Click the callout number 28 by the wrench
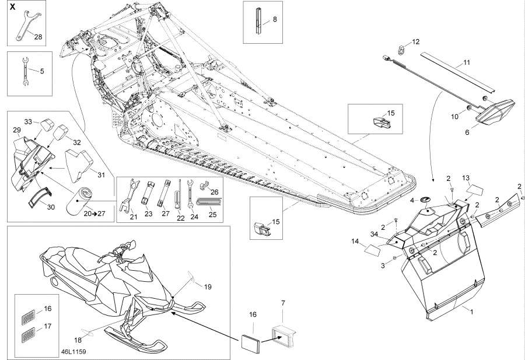[38, 37]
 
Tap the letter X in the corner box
[12, 6]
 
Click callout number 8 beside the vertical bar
[275, 19]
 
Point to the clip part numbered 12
[402, 49]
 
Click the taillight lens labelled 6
[495, 111]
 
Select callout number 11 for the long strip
[467, 62]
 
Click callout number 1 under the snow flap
[471, 312]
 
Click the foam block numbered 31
[79, 163]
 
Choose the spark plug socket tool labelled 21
[131, 195]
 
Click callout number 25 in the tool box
[212, 214]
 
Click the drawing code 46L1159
[73, 352]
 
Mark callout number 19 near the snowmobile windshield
[208, 286]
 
